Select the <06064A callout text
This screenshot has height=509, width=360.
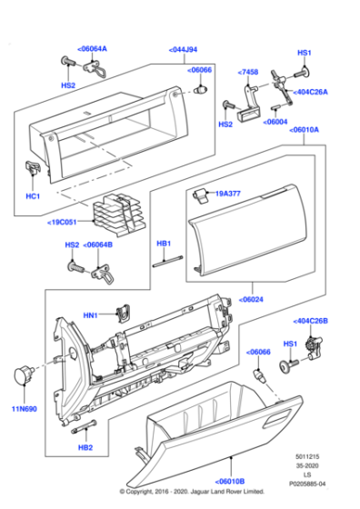tap(91, 48)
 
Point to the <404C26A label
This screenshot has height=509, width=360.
tap(312, 92)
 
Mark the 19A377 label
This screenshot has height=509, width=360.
tap(228, 194)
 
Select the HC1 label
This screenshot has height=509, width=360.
tap(33, 196)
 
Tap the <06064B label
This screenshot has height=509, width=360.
tap(98, 245)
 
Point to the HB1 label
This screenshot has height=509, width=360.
tap(164, 244)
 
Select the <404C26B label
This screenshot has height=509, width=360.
tap(311, 321)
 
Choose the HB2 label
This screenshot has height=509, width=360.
tap(85, 448)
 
